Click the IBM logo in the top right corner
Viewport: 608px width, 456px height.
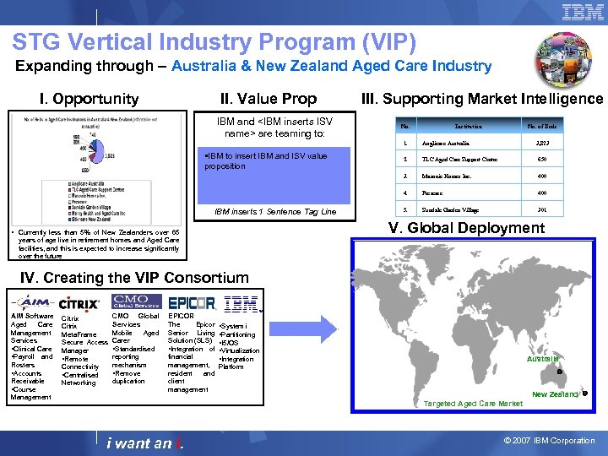[x=582, y=13]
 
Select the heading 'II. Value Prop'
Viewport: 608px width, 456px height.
[x=268, y=99]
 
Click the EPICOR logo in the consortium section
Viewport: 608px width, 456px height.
[x=192, y=302]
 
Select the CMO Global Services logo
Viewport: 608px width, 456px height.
[x=136, y=301]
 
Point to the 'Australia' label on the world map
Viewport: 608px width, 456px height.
[x=543, y=359]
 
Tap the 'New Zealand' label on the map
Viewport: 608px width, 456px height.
[x=555, y=394]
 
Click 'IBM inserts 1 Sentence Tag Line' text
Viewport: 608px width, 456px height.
[x=275, y=212]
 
